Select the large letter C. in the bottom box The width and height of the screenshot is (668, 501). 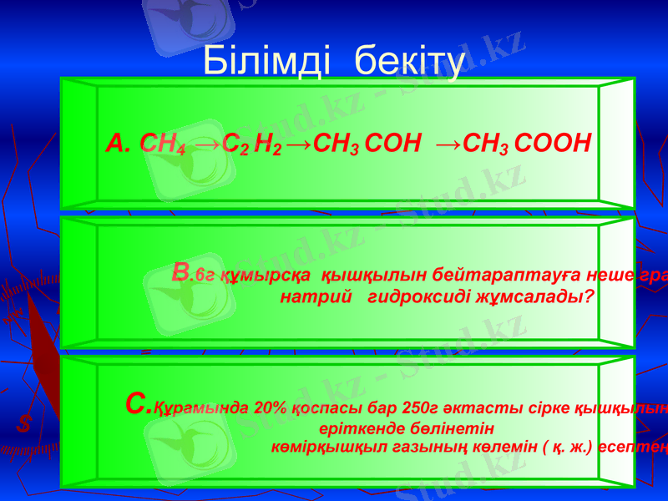point(137,405)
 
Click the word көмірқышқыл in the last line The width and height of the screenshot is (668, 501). point(320,447)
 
